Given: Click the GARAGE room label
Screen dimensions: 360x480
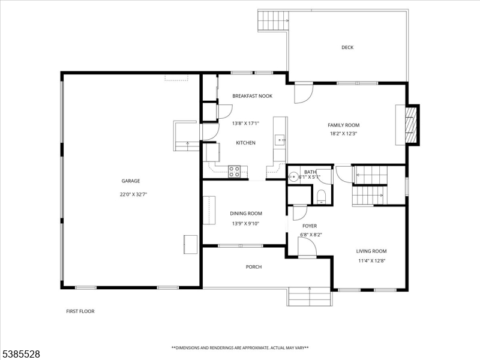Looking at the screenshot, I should [131, 181].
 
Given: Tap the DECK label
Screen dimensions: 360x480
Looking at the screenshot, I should [347, 47].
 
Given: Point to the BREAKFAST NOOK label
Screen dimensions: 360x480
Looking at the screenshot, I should [253, 96].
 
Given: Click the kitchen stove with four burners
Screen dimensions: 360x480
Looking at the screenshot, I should [235, 172].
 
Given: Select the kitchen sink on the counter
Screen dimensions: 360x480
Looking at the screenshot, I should [280, 140].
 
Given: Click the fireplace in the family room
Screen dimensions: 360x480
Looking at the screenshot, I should [410, 125].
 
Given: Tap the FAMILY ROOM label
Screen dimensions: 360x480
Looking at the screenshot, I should [344, 125].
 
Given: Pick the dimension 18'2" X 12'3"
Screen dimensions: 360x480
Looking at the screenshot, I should [344, 134].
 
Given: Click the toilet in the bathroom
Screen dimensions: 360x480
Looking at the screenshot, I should [321, 196].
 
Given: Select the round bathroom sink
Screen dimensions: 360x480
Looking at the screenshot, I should [293, 176].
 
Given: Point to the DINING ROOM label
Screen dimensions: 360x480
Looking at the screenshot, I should [246, 214].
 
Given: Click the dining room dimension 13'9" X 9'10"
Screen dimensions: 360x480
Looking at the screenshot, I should [246, 223].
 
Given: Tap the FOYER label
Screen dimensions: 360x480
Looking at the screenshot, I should [310, 226].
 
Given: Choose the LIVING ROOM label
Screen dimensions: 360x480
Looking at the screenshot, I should [371, 251].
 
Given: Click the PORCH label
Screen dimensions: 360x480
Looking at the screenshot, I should [254, 267].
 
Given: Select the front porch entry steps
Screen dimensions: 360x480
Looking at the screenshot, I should [310, 296].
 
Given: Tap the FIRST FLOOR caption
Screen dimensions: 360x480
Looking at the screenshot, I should [80, 311].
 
